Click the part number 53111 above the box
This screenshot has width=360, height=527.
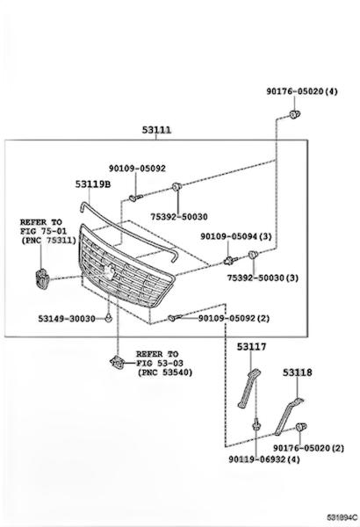tap(156, 129)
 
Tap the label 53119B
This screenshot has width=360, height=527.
tap(93, 184)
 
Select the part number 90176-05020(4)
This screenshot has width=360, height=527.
tap(302, 91)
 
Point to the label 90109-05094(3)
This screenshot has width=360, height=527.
tap(236, 236)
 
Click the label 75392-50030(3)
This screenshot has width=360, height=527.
tap(263, 278)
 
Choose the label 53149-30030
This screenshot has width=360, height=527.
tap(67, 318)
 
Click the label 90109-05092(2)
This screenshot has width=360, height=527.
tap(234, 318)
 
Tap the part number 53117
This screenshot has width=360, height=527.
tap(251, 347)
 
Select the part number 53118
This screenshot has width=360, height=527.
tap(297, 372)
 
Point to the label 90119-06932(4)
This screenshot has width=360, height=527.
tap(264, 459)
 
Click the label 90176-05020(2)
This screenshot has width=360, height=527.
tap(308, 448)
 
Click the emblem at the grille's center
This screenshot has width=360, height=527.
tap(108, 272)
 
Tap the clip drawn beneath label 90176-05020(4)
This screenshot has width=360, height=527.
tap(295, 114)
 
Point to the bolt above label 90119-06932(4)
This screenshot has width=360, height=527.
tap(256, 424)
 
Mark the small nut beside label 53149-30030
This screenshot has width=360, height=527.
tap(108, 318)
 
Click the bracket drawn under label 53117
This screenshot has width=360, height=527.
tap(249, 388)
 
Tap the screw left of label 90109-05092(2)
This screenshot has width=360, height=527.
tap(175, 317)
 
